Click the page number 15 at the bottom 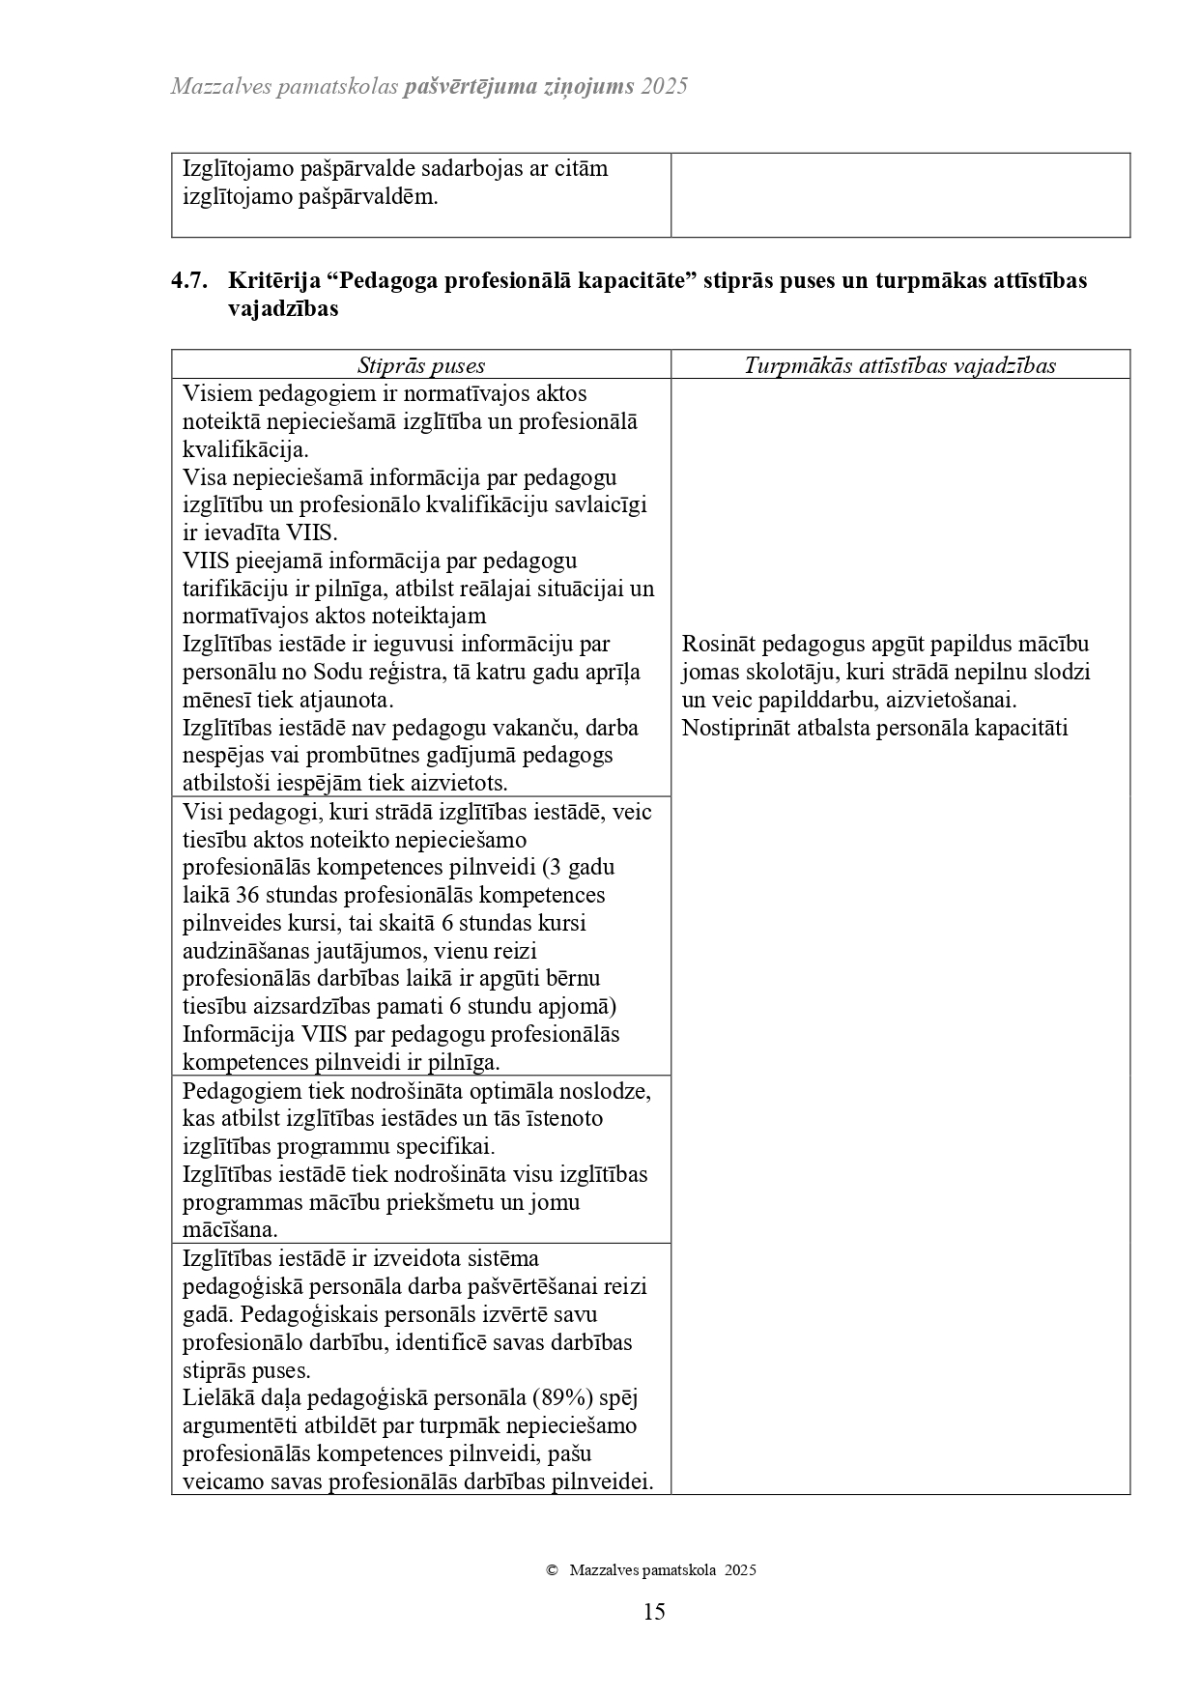(653, 1611)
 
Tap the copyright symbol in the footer (552, 1570)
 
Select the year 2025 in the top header (664, 86)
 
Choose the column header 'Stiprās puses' (421, 365)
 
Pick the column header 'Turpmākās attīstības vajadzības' (899, 365)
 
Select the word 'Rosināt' (717, 645)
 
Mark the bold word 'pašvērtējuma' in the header (470, 86)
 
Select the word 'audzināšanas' (244, 952)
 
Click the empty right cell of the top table (899, 194)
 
